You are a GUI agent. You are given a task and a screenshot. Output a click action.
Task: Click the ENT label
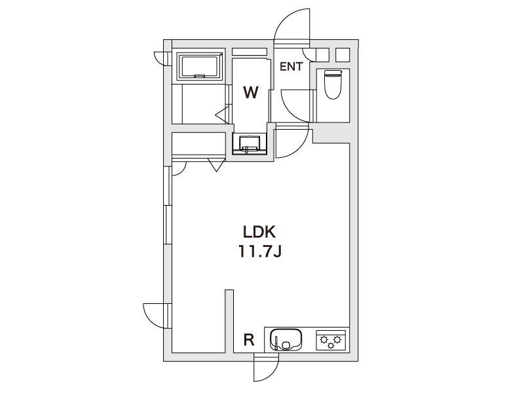[x=291, y=67]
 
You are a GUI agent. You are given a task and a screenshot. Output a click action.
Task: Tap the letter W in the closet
[x=251, y=92]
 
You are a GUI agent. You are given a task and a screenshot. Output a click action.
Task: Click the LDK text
[x=259, y=233]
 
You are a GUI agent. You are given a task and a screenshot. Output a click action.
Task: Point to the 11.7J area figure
[x=259, y=252]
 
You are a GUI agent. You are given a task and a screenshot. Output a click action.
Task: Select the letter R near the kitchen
[x=249, y=340]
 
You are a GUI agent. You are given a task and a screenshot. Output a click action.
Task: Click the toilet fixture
[x=333, y=84]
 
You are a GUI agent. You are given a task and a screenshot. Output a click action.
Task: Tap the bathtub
[x=201, y=67]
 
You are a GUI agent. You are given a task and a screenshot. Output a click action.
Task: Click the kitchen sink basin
[x=286, y=340]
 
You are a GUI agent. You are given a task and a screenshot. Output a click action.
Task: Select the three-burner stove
[x=331, y=340]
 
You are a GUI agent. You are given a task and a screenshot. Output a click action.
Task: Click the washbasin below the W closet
[x=250, y=143]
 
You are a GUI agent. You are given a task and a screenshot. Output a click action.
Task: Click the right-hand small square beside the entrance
[x=343, y=55]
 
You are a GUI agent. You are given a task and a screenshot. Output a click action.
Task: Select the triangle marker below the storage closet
[x=217, y=165]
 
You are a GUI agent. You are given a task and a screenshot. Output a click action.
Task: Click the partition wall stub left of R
[x=229, y=321]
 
